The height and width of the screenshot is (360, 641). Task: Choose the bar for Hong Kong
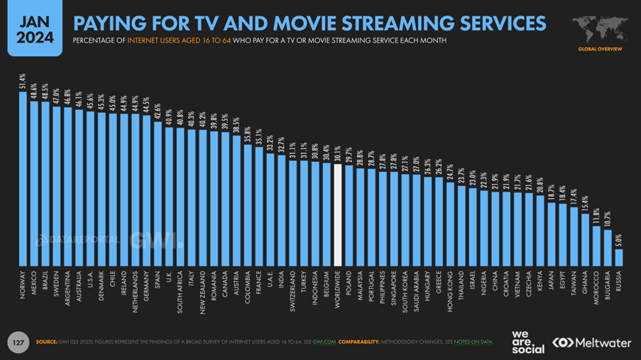coord(450,224)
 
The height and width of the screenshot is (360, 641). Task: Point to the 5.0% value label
coord(619,239)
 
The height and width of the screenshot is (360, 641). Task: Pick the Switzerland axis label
coord(292,291)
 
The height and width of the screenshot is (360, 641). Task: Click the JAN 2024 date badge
coord(31,29)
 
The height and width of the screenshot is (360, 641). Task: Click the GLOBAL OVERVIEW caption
coord(600,49)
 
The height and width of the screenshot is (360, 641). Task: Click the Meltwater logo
coord(592,342)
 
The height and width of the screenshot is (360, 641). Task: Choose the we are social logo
coord(527,342)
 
